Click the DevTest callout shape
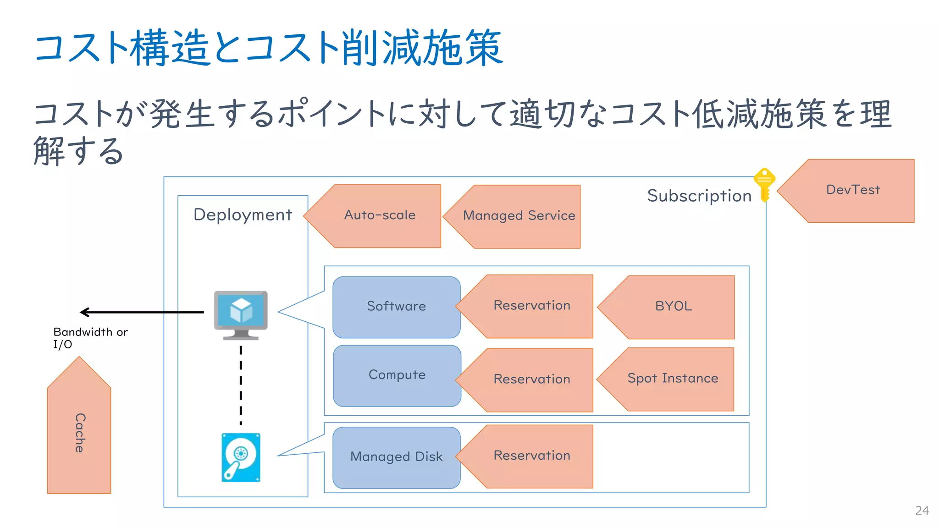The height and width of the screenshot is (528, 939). [x=853, y=191]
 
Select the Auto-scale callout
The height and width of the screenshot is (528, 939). [x=380, y=216]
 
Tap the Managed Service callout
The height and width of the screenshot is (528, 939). [x=519, y=216]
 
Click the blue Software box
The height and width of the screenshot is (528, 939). [x=397, y=307]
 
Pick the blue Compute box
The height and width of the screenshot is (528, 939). [x=397, y=375]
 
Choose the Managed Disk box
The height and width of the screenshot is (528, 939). [x=397, y=457]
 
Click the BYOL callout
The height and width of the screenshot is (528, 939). [x=673, y=307]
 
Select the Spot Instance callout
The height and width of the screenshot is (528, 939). [x=673, y=379]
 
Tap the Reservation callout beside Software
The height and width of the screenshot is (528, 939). [x=532, y=306]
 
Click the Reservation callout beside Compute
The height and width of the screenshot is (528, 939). [x=532, y=379]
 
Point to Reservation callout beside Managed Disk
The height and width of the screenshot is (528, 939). [x=532, y=456]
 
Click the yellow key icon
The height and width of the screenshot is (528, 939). [x=764, y=184]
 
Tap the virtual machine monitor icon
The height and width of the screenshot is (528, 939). [x=241, y=314]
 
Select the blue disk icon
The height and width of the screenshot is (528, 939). [x=241, y=457]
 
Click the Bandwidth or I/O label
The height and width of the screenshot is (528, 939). [x=90, y=338]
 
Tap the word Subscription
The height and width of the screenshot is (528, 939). [x=699, y=196]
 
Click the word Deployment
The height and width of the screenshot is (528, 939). [x=243, y=215]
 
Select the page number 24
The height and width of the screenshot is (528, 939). [x=922, y=511]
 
